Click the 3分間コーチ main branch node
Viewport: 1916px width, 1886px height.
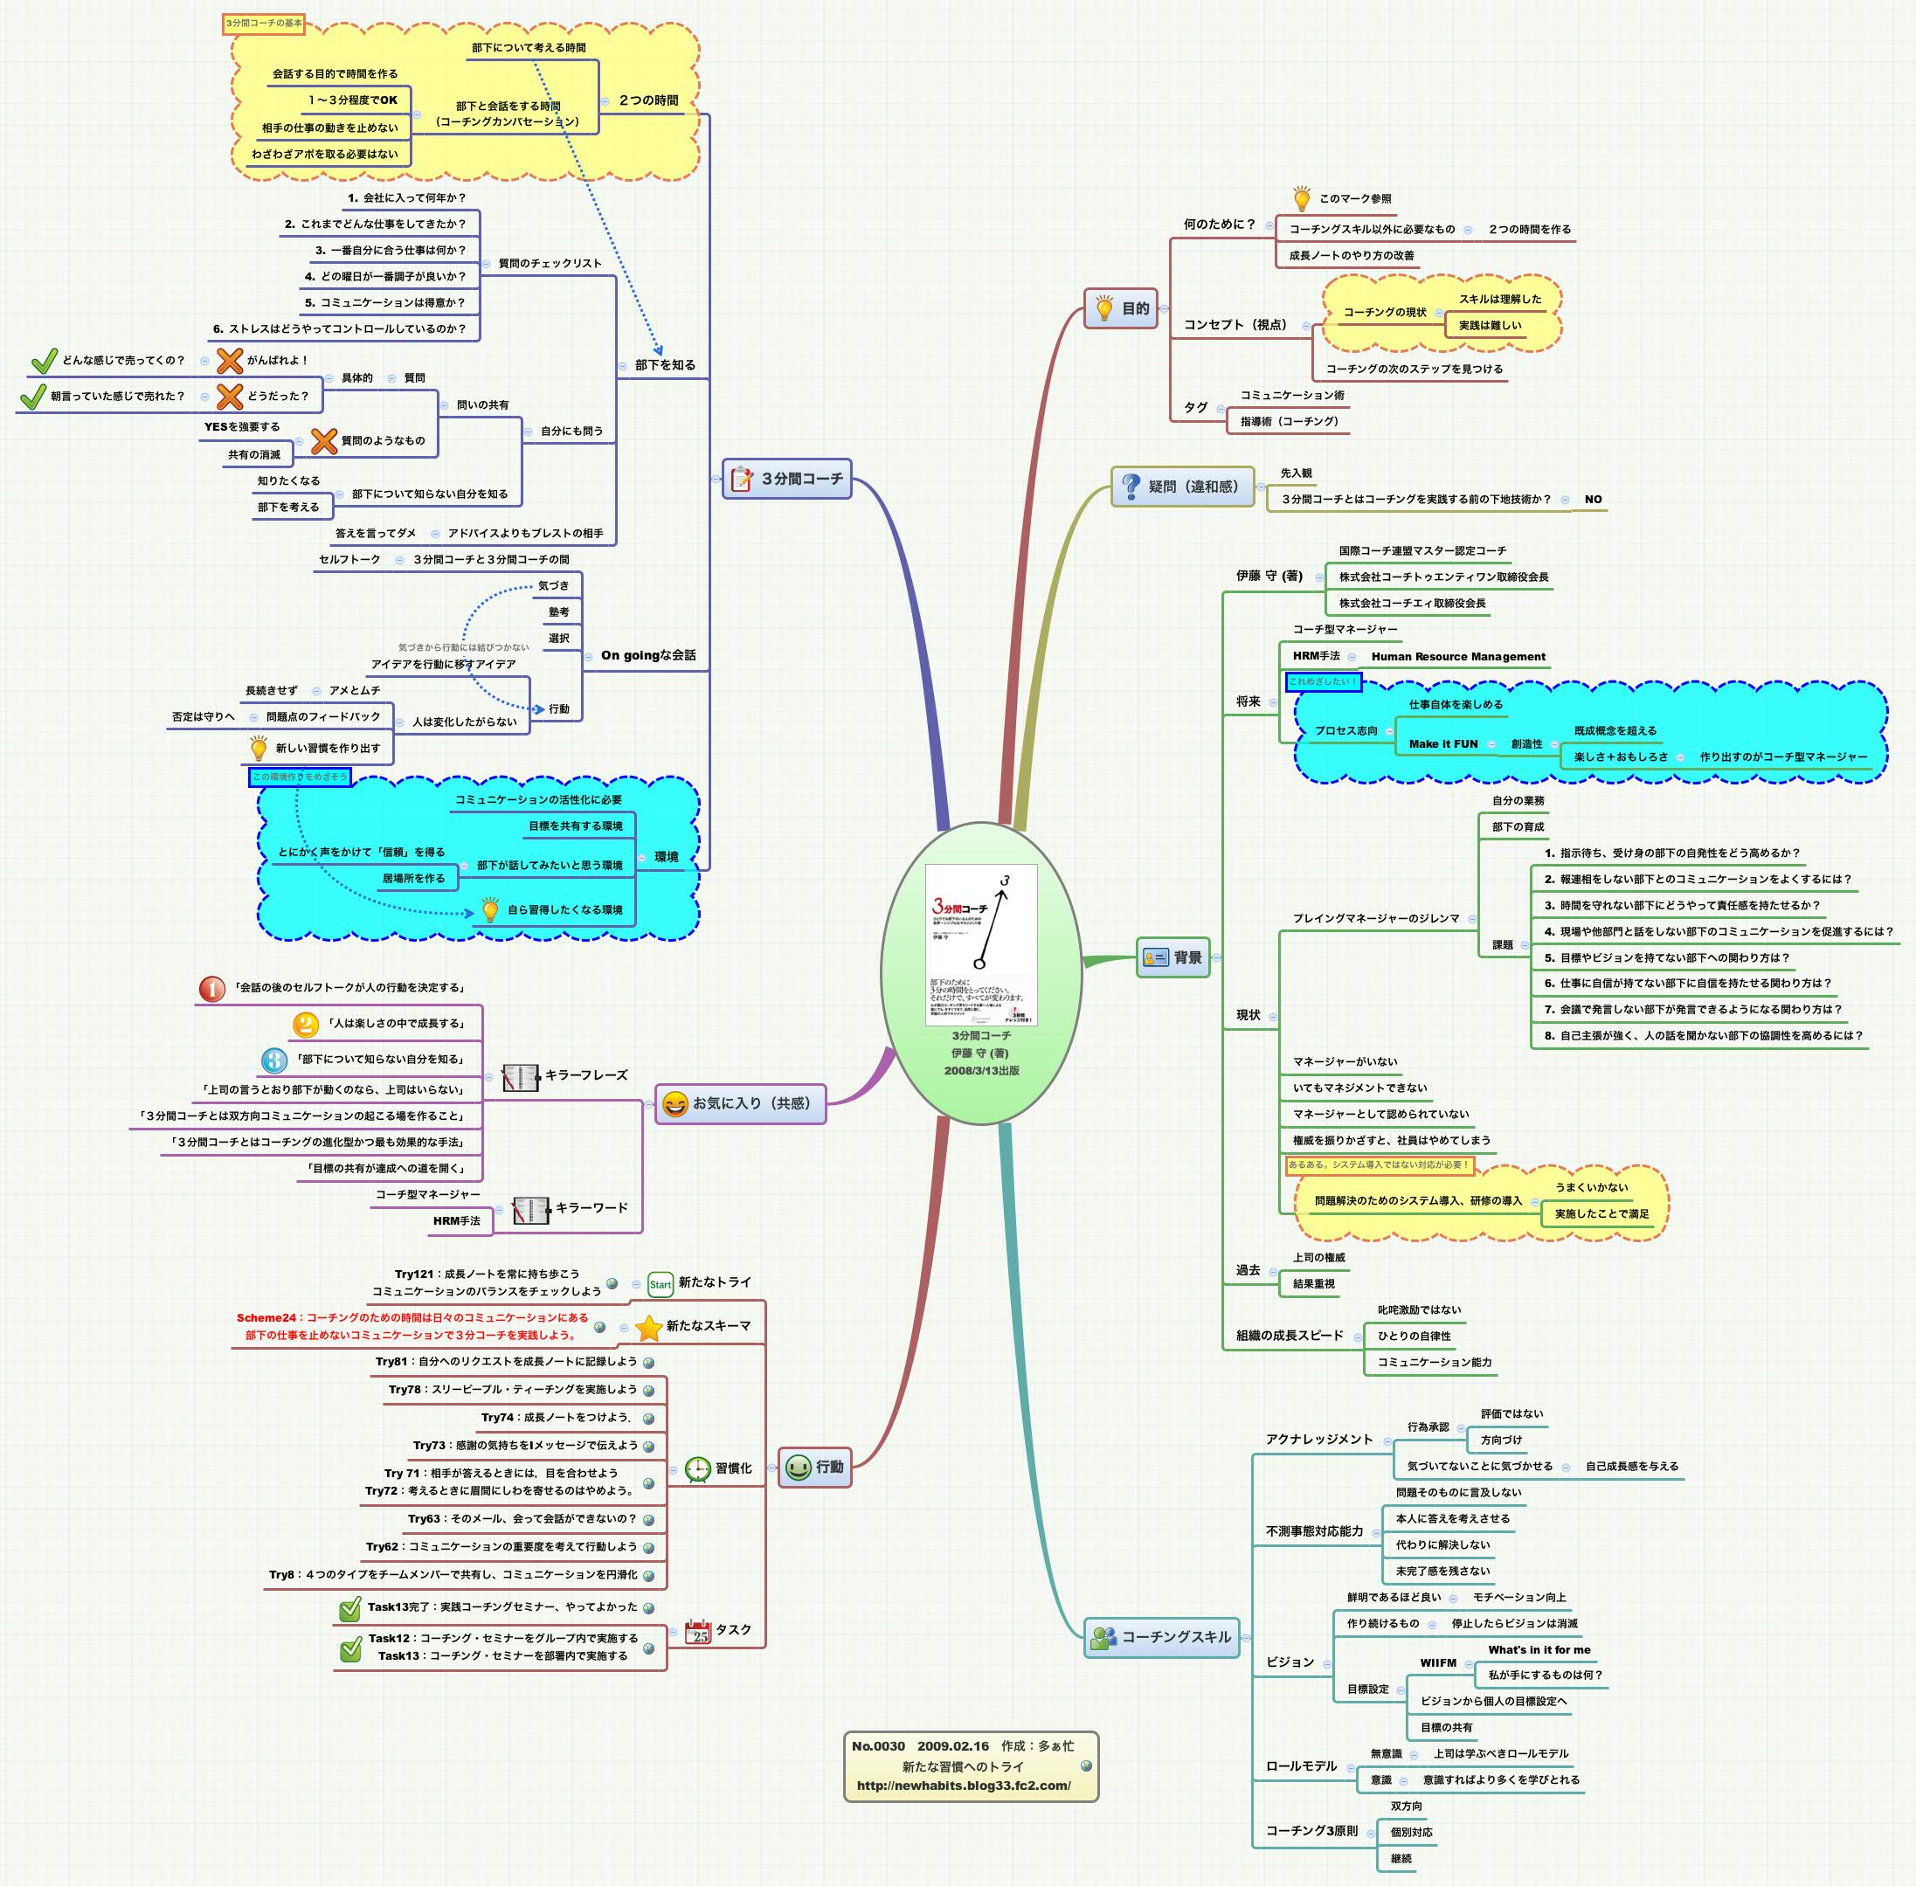click(786, 479)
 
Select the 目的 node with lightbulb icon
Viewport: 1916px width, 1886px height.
click(1120, 308)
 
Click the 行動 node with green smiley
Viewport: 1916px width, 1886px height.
click(814, 1467)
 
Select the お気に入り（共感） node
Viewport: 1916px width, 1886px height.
click(740, 1102)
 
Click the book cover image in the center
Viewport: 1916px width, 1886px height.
click(981, 944)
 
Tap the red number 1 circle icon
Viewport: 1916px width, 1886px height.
click(212, 988)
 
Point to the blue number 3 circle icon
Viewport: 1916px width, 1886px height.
click(274, 1060)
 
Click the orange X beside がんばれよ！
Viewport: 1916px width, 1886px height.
click(230, 361)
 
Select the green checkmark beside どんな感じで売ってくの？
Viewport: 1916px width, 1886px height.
click(44, 361)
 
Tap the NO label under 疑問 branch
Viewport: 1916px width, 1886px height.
click(1592, 500)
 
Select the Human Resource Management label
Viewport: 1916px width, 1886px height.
click(1457, 656)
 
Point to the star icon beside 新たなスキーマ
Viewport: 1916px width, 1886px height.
click(649, 1326)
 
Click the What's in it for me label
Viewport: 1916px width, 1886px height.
click(1539, 1649)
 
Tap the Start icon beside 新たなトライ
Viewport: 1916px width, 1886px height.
click(660, 1284)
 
